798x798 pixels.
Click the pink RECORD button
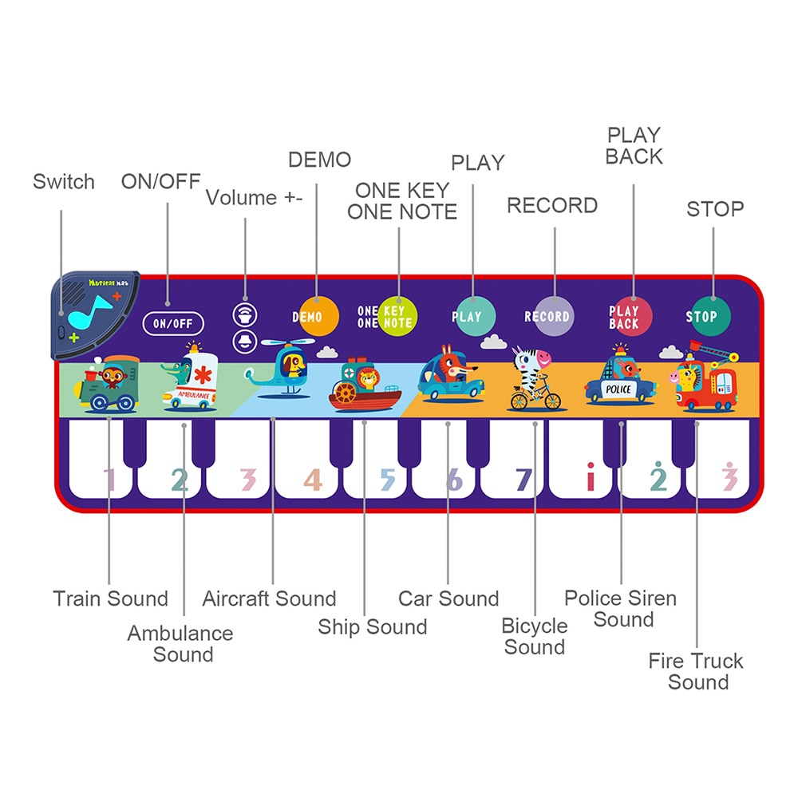(547, 317)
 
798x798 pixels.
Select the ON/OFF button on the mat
(173, 323)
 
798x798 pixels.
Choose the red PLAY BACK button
(626, 317)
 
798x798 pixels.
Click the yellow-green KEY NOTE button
(397, 317)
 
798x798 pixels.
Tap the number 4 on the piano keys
(313, 479)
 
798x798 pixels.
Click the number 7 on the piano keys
(523, 479)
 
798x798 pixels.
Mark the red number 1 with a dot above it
(591, 477)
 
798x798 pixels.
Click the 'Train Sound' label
(110, 598)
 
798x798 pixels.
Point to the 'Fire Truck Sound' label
(696, 671)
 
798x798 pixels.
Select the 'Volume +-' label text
(255, 198)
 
